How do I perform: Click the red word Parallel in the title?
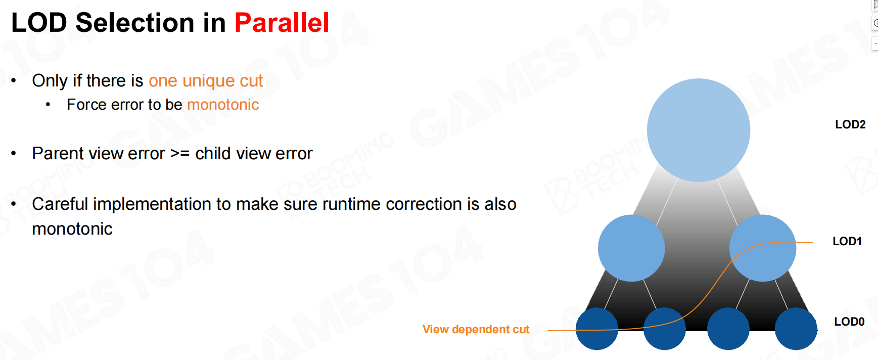point(282,23)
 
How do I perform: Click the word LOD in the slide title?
point(39,23)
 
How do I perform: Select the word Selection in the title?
point(135,23)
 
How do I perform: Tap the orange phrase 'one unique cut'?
point(206,81)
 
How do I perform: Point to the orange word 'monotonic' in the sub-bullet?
point(223,105)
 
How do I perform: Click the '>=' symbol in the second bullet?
point(180,154)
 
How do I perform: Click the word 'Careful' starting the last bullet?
point(60,204)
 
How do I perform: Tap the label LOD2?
point(850,124)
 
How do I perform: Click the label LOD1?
point(847,241)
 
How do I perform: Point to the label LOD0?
point(849,322)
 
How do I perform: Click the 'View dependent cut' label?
point(476,330)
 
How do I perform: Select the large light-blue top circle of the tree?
point(699,130)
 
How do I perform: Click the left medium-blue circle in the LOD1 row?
point(631,248)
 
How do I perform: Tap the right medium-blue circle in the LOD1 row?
point(763,248)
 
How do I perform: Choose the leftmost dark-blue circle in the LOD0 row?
point(597,329)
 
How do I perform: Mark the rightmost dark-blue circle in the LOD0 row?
point(796,329)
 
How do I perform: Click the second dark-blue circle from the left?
point(665,329)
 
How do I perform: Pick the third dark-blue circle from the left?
point(728,329)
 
